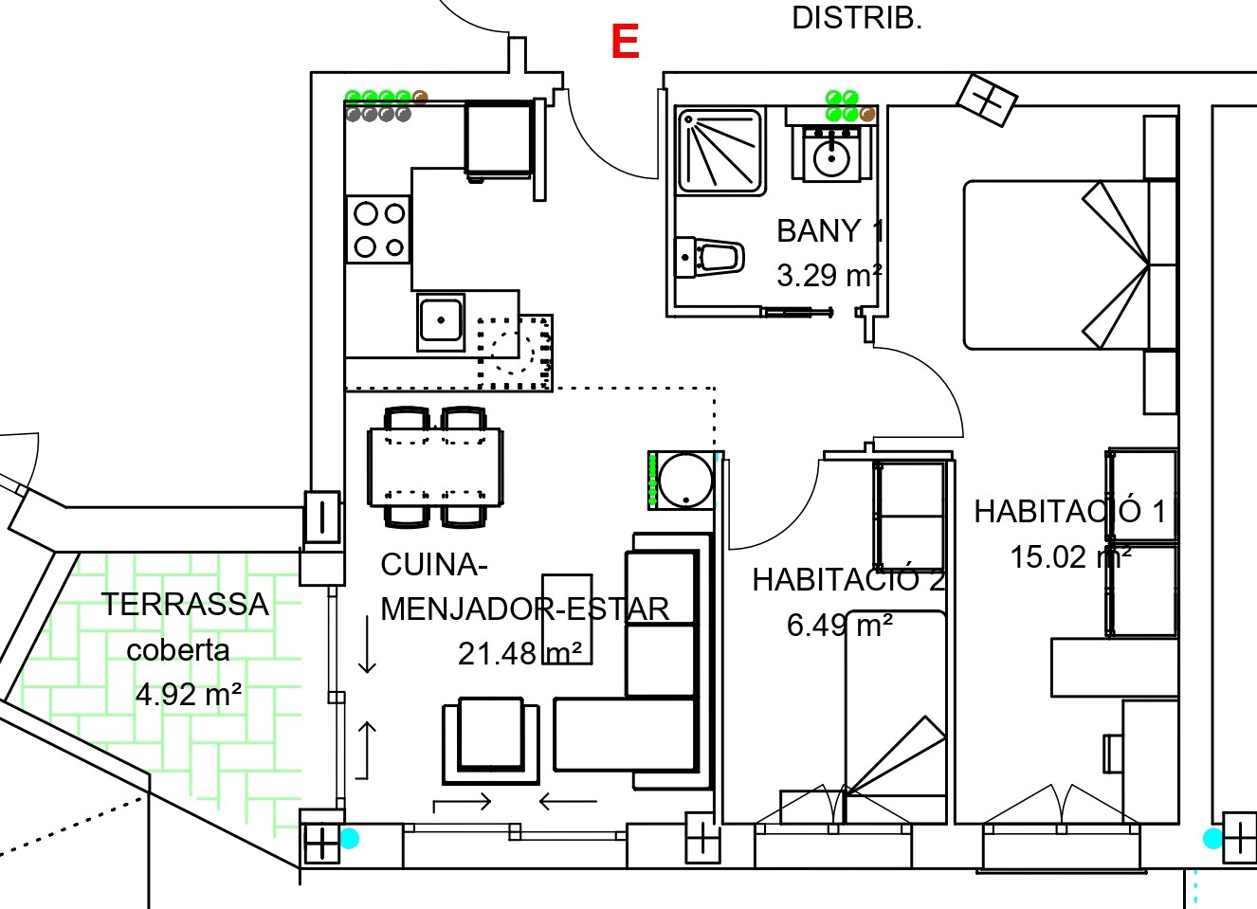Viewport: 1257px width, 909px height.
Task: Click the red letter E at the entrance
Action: coord(625,41)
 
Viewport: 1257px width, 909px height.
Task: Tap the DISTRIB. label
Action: coord(857,18)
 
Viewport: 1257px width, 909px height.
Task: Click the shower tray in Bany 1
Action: coord(720,152)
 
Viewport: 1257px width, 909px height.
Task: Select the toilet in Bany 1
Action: coord(709,258)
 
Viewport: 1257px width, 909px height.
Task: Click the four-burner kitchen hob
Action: coord(379,229)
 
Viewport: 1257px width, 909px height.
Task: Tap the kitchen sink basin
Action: coord(441,321)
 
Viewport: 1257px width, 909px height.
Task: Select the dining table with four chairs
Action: coord(435,467)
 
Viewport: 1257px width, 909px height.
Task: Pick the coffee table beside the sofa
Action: coord(567,619)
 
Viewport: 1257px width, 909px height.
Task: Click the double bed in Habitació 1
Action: coord(1069,264)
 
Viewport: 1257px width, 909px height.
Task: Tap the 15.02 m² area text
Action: coord(1070,557)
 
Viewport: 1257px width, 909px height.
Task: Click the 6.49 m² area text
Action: coord(840,625)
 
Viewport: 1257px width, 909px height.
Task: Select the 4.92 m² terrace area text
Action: coord(189,695)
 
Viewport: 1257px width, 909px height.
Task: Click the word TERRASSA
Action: coord(185,605)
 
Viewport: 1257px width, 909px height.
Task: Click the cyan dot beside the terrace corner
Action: coord(350,838)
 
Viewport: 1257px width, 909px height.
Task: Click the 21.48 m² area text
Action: coord(519,654)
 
